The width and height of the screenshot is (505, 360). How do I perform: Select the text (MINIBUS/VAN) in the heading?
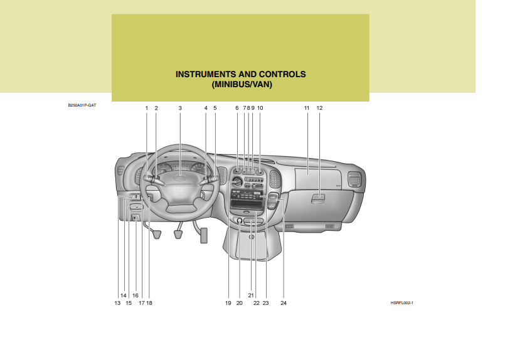pos(241,84)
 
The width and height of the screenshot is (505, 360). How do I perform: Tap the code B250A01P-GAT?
pos(82,106)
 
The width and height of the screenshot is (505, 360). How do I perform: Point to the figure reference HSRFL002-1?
pos(401,303)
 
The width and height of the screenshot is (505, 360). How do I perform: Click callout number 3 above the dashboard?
pos(180,108)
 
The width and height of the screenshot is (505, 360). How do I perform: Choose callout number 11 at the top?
pos(307,108)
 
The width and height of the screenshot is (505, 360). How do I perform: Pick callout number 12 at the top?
pos(319,108)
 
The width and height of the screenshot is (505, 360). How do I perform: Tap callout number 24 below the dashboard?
pos(284,303)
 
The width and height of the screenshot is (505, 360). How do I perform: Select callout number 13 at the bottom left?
pos(117,303)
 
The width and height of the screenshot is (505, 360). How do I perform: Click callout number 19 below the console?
pos(228,303)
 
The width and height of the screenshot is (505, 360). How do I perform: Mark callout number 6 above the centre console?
pos(237,108)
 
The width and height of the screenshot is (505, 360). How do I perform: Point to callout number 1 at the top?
pos(147,108)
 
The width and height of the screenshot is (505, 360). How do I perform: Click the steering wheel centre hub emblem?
pos(180,179)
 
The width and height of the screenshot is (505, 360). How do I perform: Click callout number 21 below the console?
pos(250,295)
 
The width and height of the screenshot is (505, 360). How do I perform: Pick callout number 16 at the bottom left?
pos(136,295)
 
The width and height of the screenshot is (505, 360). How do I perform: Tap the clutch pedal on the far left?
pos(156,235)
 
